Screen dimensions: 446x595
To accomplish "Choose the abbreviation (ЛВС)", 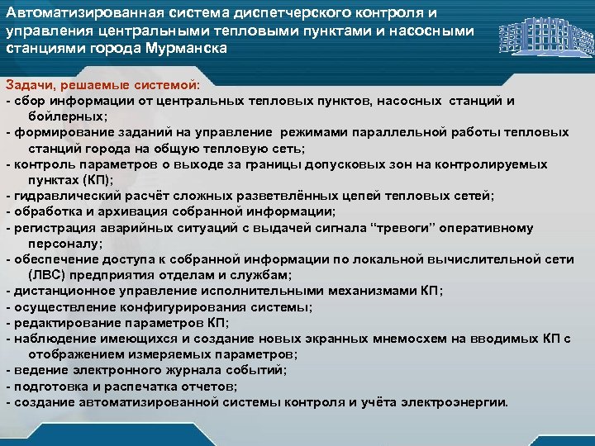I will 48,275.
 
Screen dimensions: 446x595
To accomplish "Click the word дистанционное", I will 56,291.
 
